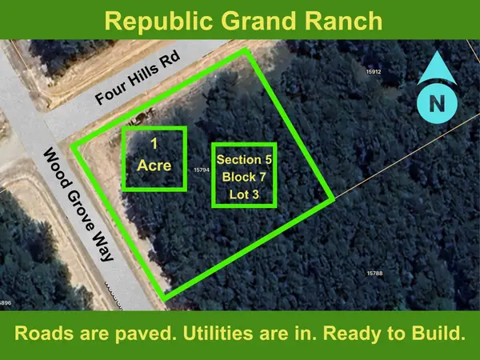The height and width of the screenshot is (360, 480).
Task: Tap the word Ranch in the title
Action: (339, 19)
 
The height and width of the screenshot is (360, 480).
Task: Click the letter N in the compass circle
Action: (436, 103)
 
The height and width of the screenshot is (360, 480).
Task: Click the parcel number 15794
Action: (201, 170)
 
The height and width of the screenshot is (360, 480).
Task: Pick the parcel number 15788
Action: (375, 274)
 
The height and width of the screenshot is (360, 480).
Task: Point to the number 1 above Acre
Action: (154, 144)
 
